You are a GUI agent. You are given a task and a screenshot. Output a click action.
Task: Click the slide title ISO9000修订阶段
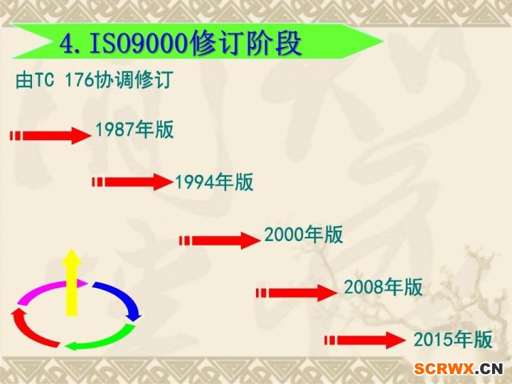coord(196,43)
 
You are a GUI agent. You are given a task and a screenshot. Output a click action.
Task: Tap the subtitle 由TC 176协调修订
coord(95,80)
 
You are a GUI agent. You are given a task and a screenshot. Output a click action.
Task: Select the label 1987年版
coord(134,129)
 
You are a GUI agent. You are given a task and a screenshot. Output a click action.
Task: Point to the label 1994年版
coord(214,182)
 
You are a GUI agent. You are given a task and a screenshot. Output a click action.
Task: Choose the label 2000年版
coord(304,235)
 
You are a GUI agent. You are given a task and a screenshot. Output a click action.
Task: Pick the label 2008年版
coord(383,287)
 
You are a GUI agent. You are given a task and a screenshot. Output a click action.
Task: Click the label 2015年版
coord(453,340)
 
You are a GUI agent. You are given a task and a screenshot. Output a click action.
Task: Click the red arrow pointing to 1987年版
coord(50,136)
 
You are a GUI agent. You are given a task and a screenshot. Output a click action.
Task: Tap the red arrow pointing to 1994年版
coord(132,182)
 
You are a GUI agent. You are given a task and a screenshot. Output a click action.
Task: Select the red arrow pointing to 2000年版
coord(220,240)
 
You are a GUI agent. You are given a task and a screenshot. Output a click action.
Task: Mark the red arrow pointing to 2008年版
coord(297,293)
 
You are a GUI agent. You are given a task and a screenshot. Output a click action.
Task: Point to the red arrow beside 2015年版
coord(365,340)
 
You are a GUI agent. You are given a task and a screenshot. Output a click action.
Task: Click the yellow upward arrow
coord(72,282)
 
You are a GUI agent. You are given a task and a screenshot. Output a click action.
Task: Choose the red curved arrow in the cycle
coord(29,331)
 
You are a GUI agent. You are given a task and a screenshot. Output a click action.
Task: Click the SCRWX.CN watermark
coord(459,369)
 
